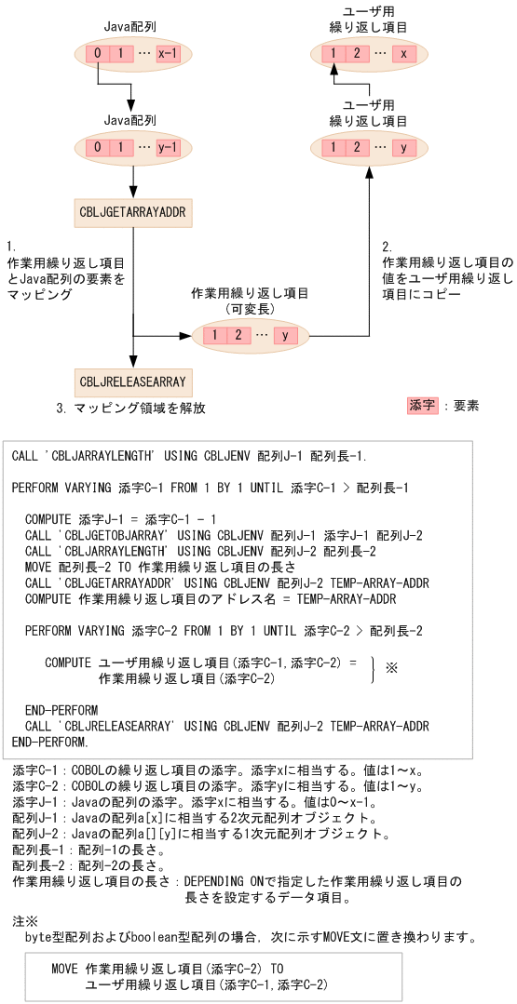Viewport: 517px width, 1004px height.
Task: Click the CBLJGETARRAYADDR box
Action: pos(133,213)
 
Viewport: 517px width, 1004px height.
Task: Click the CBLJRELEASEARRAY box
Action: pos(133,382)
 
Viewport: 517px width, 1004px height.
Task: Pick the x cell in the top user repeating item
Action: pos(402,54)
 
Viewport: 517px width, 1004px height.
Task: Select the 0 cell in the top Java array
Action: pos(97,54)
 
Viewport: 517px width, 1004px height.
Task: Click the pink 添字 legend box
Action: pos(421,406)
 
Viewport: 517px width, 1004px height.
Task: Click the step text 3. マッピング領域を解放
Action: pos(130,408)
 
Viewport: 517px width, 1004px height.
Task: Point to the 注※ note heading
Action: pos(24,921)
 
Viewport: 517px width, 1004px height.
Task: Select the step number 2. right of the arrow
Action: pos(388,247)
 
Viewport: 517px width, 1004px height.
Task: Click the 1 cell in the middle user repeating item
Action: pos(333,148)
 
